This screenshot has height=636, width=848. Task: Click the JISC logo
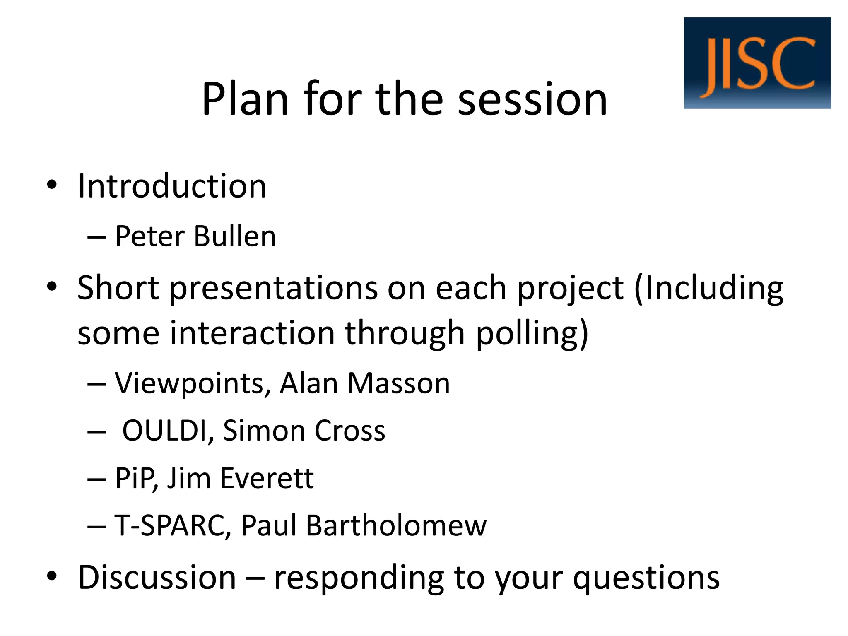(757, 63)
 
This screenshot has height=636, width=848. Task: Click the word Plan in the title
(245, 99)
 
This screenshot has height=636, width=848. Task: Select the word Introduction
(172, 186)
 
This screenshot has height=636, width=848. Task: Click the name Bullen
(234, 236)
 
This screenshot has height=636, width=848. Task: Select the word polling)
(532, 334)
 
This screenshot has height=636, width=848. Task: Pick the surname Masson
(398, 383)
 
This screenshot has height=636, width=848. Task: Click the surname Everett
(267, 478)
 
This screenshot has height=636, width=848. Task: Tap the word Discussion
(157, 577)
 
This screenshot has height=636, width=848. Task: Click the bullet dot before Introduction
(51, 185)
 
